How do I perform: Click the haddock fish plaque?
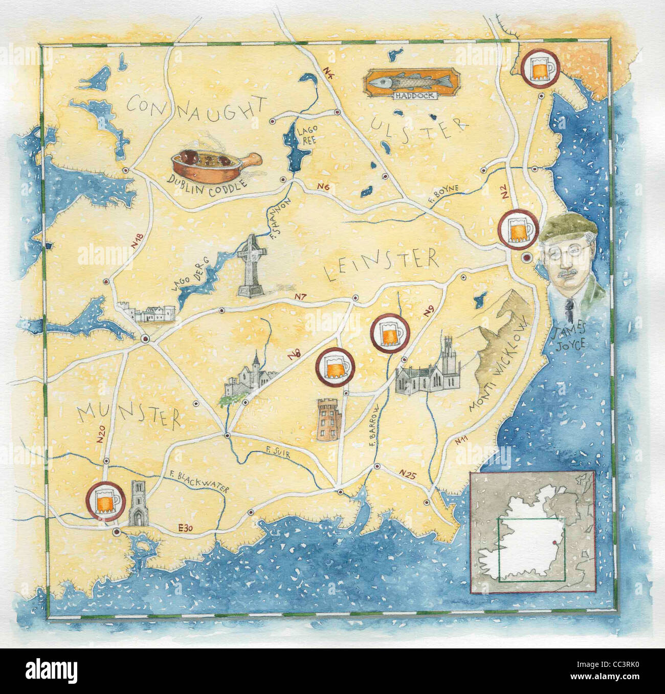[x=408, y=82]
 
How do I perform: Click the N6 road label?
[x=323, y=188]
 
